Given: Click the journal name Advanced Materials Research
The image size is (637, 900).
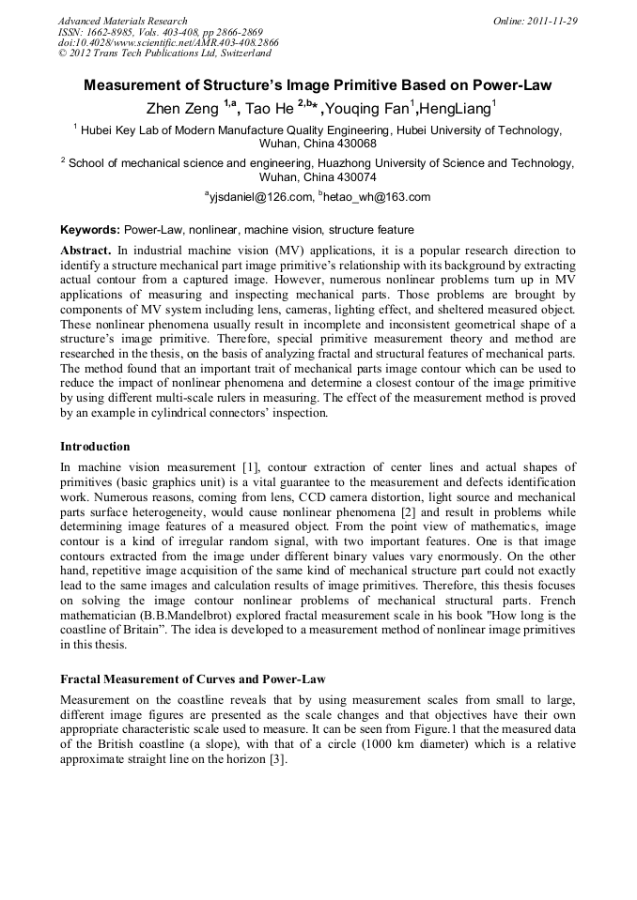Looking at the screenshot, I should (x=122, y=21).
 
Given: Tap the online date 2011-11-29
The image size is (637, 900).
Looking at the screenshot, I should (x=549, y=21).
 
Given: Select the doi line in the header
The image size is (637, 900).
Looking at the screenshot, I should (x=168, y=42).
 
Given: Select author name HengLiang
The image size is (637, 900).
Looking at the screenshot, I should (x=457, y=110).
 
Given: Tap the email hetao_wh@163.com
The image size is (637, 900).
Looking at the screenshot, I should (x=377, y=197).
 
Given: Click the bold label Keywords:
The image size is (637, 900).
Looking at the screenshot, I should (x=90, y=230).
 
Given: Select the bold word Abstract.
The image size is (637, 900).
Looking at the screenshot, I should (x=85, y=252).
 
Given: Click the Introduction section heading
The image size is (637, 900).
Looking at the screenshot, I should (x=95, y=447).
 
